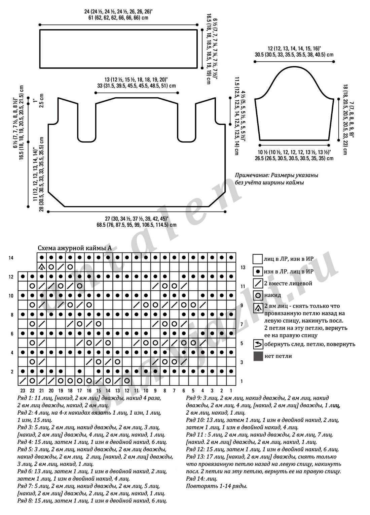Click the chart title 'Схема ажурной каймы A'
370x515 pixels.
click(x=74, y=248)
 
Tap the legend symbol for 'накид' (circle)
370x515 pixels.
click(x=258, y=295)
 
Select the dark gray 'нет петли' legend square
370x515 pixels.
click(x=258, y=356)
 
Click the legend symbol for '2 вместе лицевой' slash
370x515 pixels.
click(x=258, y=283)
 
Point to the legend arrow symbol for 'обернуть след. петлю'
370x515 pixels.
click(x=258, y=344)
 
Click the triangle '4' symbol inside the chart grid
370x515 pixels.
click(x=42, y=267)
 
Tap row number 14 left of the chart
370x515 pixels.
click(x=11, y=258)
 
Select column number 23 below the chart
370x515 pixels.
click(x=23, y=391)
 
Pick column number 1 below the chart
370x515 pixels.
click(x=231, y=391)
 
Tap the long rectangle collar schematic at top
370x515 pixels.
click(x=118, y=49)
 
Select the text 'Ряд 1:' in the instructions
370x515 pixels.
click(x=24, y=398)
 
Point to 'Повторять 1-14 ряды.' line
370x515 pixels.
click(x=217, y=486)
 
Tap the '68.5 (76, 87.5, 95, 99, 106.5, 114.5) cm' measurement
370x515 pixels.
click(x=136, y=225)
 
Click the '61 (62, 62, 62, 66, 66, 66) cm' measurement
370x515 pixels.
click(x=118, y=18)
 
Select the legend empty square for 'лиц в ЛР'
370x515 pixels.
click(x=258, y=259)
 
